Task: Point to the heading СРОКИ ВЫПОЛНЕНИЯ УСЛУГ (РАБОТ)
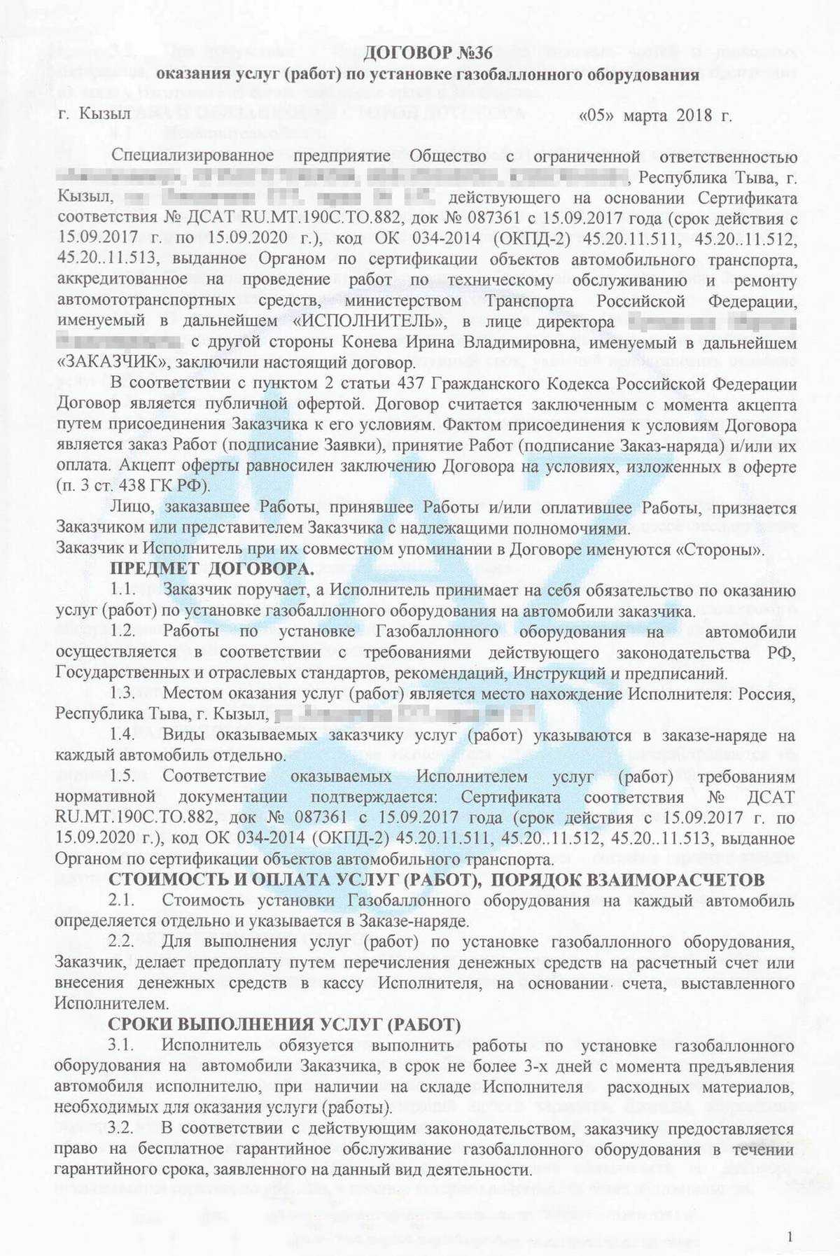[284, 1025]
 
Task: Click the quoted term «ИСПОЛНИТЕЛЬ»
[369, 322]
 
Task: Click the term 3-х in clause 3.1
[542, 1067]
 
